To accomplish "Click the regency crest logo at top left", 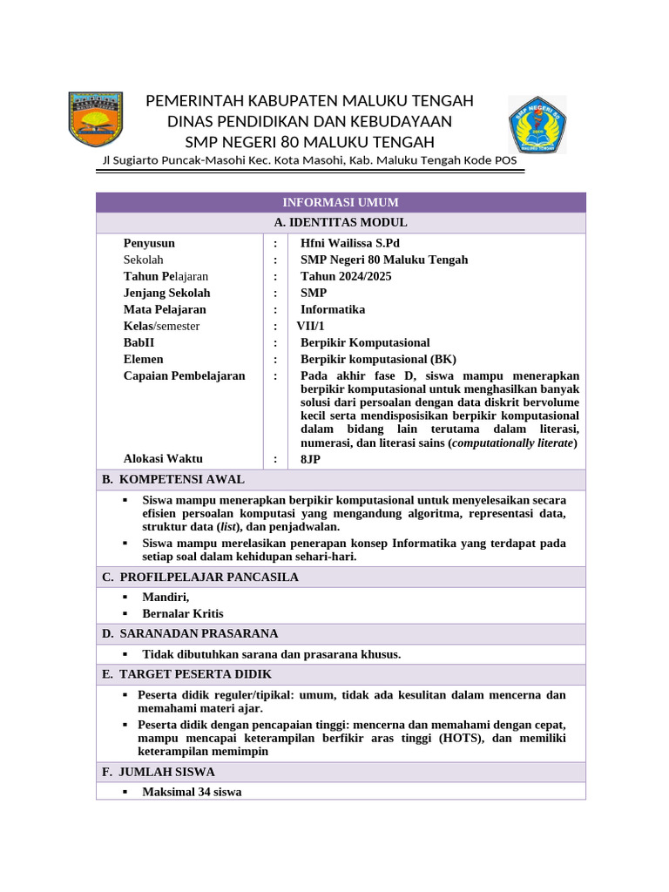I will pyautogui.click(x=96, y=119).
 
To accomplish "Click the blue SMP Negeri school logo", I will pyautogui.click(x=537, y=125).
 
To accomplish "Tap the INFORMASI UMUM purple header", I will pyautogui.click(x=341, y=202).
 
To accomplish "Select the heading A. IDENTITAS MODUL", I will pyautogui.click(x=341, y=223).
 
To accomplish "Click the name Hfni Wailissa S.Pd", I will pyautogui.click(x=350, y=243).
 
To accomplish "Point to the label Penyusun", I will pyautogui.click(x=149, y=243).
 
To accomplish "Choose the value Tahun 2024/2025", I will pyautogui.click(x=346, y=276).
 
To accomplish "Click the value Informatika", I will pyautogui.click(x=333, y=309).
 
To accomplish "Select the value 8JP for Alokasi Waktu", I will pyautogui.click(x=310, y=458).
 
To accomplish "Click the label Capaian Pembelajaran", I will pyautogui.click(x=184, y=375).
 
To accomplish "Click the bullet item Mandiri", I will pyautogui.click(x=166, y=597).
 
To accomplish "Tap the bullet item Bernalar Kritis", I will pyautogui.click(x=184, y=613).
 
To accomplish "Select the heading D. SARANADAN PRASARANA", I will pyautogui.click(x=190, y=633).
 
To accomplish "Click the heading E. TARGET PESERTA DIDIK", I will pyautogui.click(x=186, y=674).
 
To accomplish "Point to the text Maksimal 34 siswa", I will pyautogui.click(x=192, y=792).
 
